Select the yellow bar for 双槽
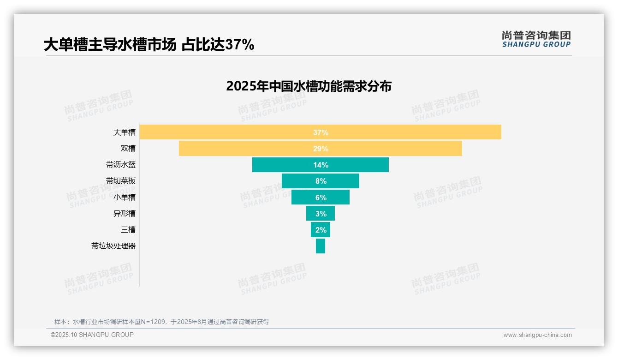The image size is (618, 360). [x=231, y=149]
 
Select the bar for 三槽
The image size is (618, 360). [x=314, y=230]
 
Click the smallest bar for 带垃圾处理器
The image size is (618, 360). [x=321, y=246]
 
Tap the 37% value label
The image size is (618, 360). [x=321, y=132]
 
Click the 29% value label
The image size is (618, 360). [x=321, y=149]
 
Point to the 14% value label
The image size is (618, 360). [x=321, y=165]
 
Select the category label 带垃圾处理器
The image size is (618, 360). [x=113, y=246]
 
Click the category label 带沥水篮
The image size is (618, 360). [x=121, y=165]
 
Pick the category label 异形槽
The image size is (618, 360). [x=125, y=214]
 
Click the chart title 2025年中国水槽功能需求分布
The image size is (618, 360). [x=309, y=86]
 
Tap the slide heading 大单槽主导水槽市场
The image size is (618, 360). [x=110, y=45]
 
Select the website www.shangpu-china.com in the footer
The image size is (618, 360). [x=537, y=335]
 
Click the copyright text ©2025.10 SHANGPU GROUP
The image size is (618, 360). [x=92, y=335]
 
